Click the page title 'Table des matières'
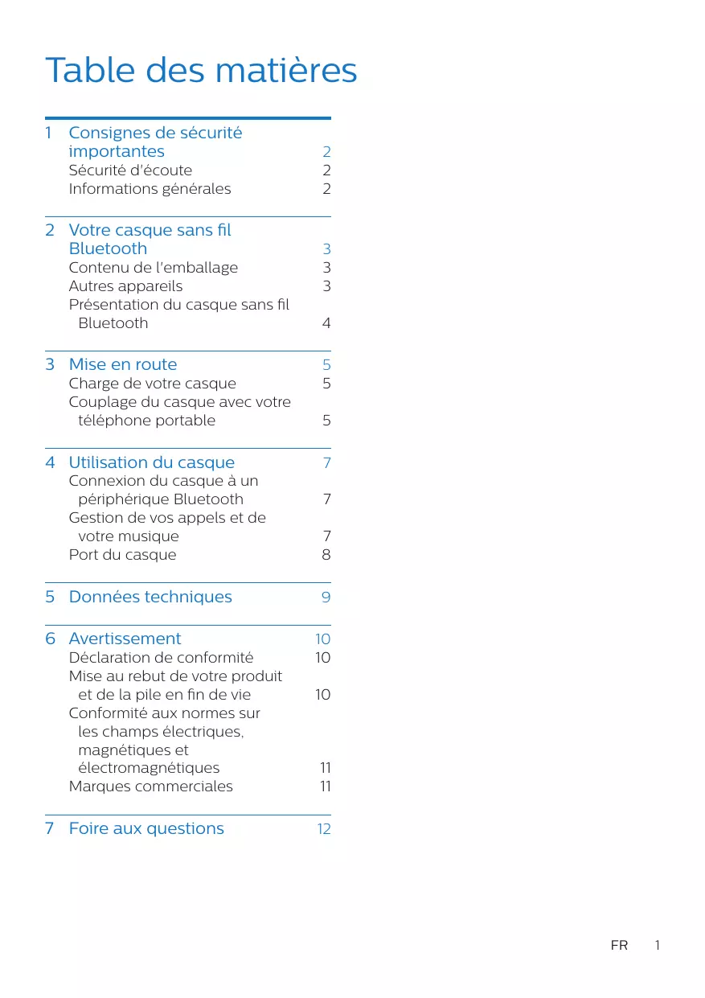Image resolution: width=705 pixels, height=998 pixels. (201, 71)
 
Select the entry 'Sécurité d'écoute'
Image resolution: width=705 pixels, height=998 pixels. (130, 170)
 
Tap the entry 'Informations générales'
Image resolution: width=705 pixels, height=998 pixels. (150, 189)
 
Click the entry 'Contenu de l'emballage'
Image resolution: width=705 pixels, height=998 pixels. (153, 268)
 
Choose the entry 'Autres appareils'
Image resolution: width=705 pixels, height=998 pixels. (125, 286)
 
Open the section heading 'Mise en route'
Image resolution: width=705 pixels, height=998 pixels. (123, 364)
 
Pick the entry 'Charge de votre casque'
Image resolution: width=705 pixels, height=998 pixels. (152, 384)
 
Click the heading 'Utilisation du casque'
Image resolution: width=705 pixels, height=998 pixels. (151, 462)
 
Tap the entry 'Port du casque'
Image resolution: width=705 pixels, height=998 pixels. (122, 555)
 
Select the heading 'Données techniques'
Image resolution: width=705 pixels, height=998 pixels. (150, 597)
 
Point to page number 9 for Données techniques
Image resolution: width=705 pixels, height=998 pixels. (326, 598)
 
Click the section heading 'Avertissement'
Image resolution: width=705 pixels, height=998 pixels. (125, 639)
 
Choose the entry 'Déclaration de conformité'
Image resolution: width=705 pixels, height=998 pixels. (161, 658)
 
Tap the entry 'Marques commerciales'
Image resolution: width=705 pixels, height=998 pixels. (150, 786)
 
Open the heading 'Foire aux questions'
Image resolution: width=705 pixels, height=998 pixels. (146, 828)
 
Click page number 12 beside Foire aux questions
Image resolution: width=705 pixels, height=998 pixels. (323, 829)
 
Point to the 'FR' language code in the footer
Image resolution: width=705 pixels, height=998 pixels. (619, 946)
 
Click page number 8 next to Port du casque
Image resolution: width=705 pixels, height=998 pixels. (326, 555)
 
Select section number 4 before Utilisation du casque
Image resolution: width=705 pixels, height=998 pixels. (51, 462)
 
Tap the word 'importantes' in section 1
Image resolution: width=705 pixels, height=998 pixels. (117, 151)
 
